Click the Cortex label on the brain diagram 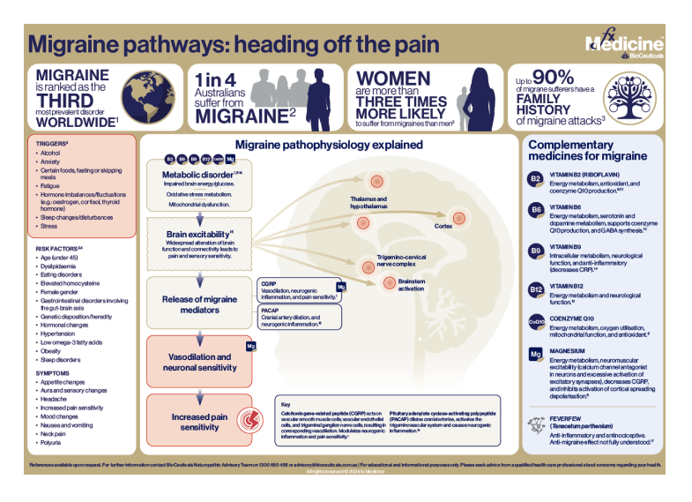(443, 225)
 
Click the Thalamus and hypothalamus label (368, 202)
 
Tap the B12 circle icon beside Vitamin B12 (534, 290)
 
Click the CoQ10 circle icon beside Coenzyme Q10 (534, 322)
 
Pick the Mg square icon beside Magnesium (534, 355)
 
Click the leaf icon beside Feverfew (534, 429)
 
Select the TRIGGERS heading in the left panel (48, 141)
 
